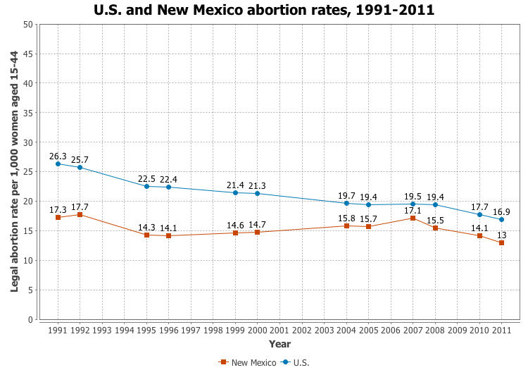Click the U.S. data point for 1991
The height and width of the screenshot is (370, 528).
tap(58, 164)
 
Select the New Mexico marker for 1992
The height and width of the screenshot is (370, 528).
tap(80, 214)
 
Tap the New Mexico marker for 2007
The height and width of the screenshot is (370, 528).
tap(413, 218)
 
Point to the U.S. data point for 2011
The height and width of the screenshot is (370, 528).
tap(501, 220)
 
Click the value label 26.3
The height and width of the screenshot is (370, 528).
tap(58, 156)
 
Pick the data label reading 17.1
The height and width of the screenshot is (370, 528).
tap(413, 210)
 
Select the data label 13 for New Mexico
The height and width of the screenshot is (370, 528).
tap(501, 235)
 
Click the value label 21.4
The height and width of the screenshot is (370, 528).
tap(235, 185)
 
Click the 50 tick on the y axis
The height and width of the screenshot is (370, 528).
tap(28, 24)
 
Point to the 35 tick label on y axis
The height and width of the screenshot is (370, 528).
tap(28, 113)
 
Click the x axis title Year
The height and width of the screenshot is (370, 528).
tap(279, 344)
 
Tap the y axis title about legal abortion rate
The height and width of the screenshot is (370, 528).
tap(14, 171)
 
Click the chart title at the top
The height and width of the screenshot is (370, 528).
tap(264, 10)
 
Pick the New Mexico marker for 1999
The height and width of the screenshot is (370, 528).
tap(235, 233)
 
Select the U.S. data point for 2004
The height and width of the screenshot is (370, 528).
tap(346, 203)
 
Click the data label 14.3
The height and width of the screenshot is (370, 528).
tap(146, 227)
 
